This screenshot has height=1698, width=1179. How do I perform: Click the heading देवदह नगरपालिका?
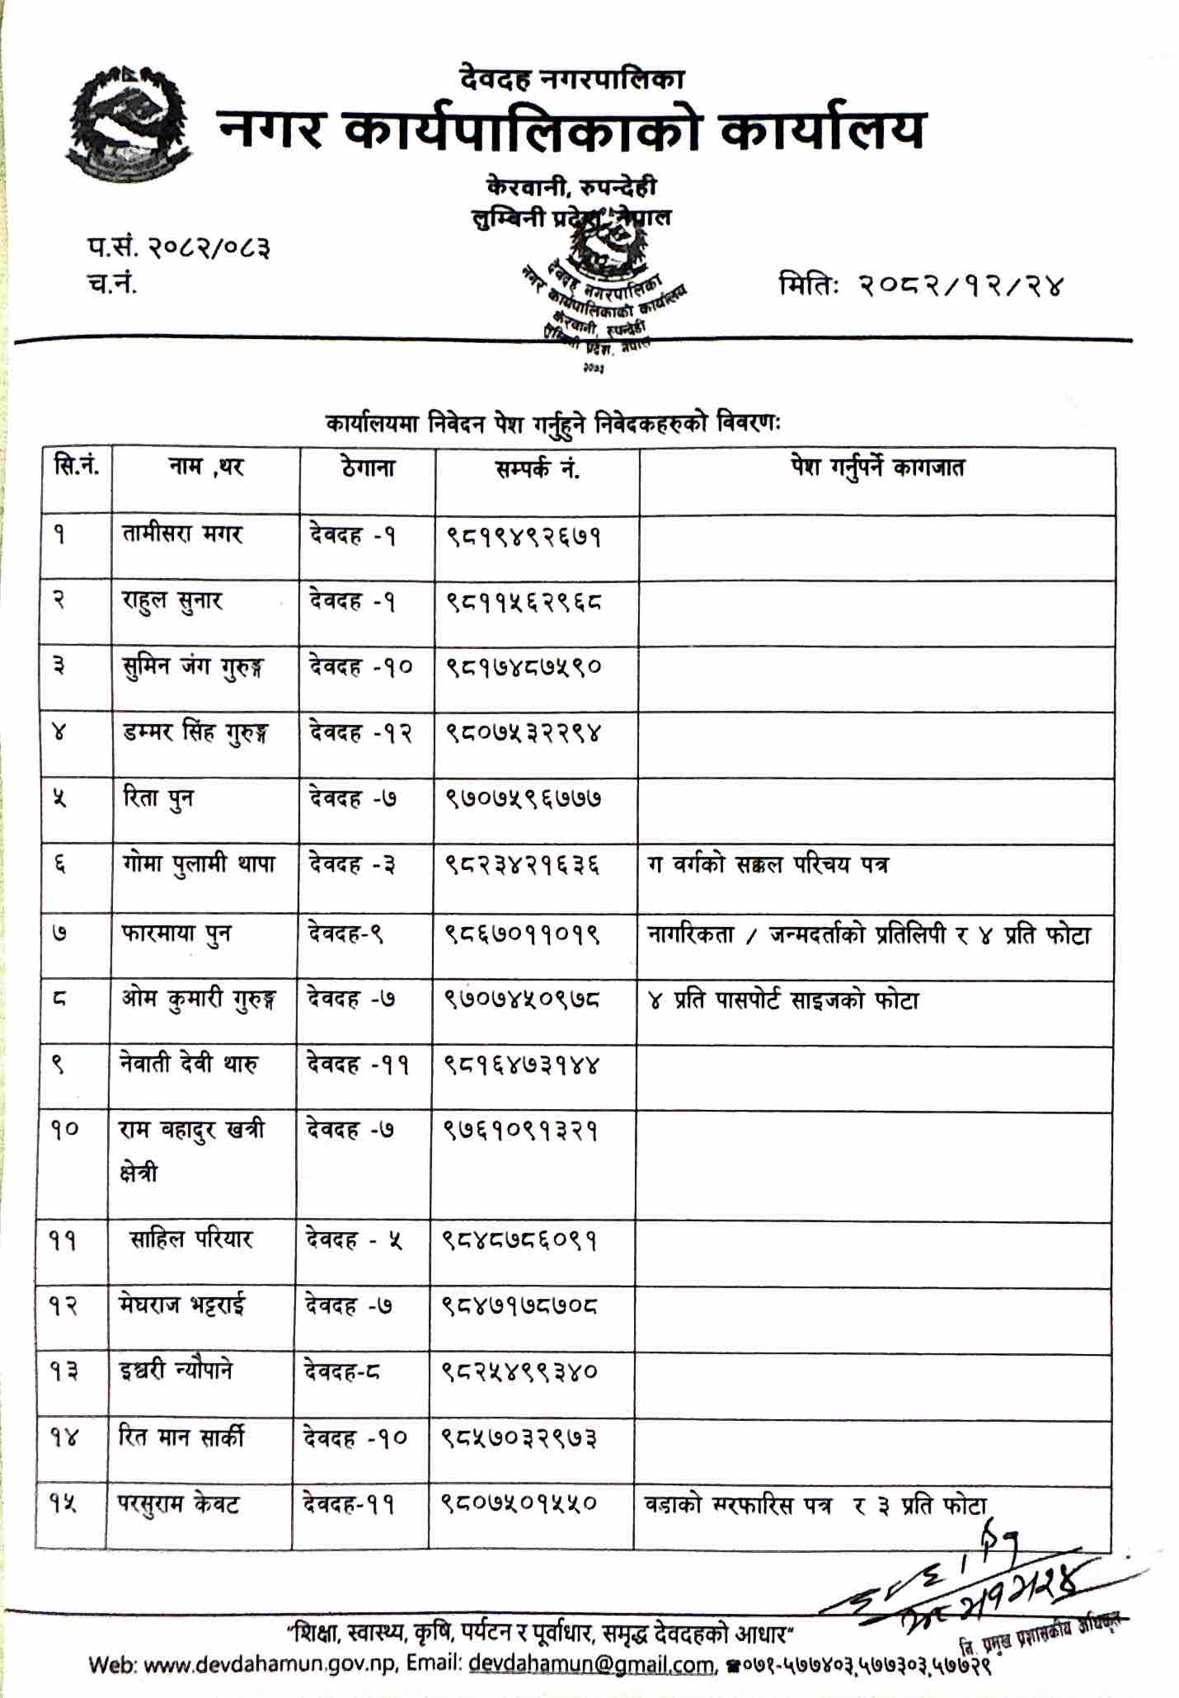click(x=572, y=80)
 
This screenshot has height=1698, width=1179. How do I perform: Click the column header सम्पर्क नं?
click(x=537, y=468)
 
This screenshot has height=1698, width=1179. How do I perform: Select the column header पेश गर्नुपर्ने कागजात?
click(x=876, y=468)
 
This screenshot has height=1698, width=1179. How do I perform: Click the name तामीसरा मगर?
click(x=180, y=534)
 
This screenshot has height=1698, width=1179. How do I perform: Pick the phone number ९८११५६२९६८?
click(x=524, y=602)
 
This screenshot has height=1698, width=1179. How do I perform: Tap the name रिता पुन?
click(x=156, y=798)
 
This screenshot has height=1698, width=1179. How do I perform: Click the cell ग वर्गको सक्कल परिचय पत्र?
click(x=768, y=865)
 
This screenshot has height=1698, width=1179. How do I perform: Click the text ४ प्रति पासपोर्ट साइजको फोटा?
click(x=783, y=1000)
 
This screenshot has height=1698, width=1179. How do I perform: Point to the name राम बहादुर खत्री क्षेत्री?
click(x=191, y=1149)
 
